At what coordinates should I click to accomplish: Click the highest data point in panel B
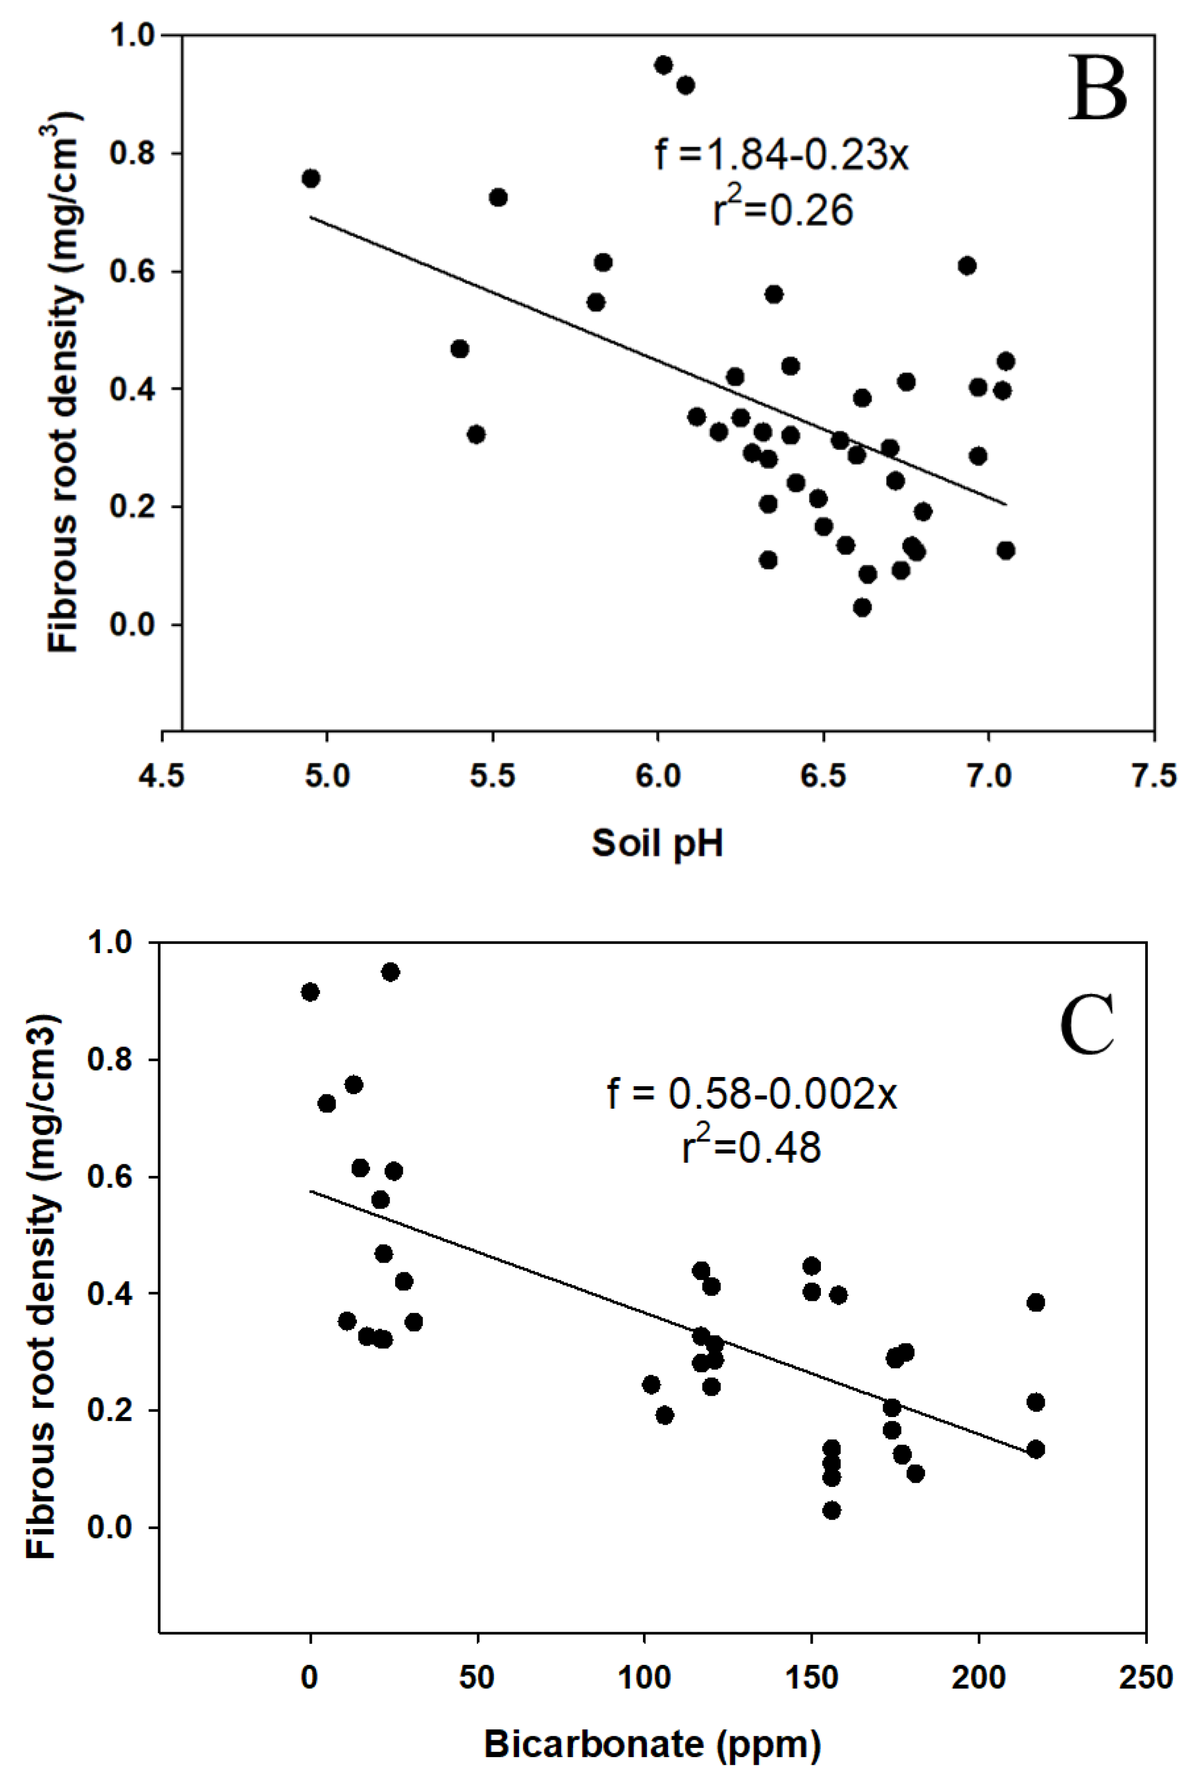click(x=664, y=64)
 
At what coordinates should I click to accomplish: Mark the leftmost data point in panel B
click(x=311, y=179)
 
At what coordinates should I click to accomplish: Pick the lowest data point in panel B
click(x=862, y=607)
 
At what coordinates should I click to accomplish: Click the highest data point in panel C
click(x=390, y=972)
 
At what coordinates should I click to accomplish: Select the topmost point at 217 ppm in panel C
click(x=1035, y=1303)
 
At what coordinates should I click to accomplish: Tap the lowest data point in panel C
click(x=832, y=1510)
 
